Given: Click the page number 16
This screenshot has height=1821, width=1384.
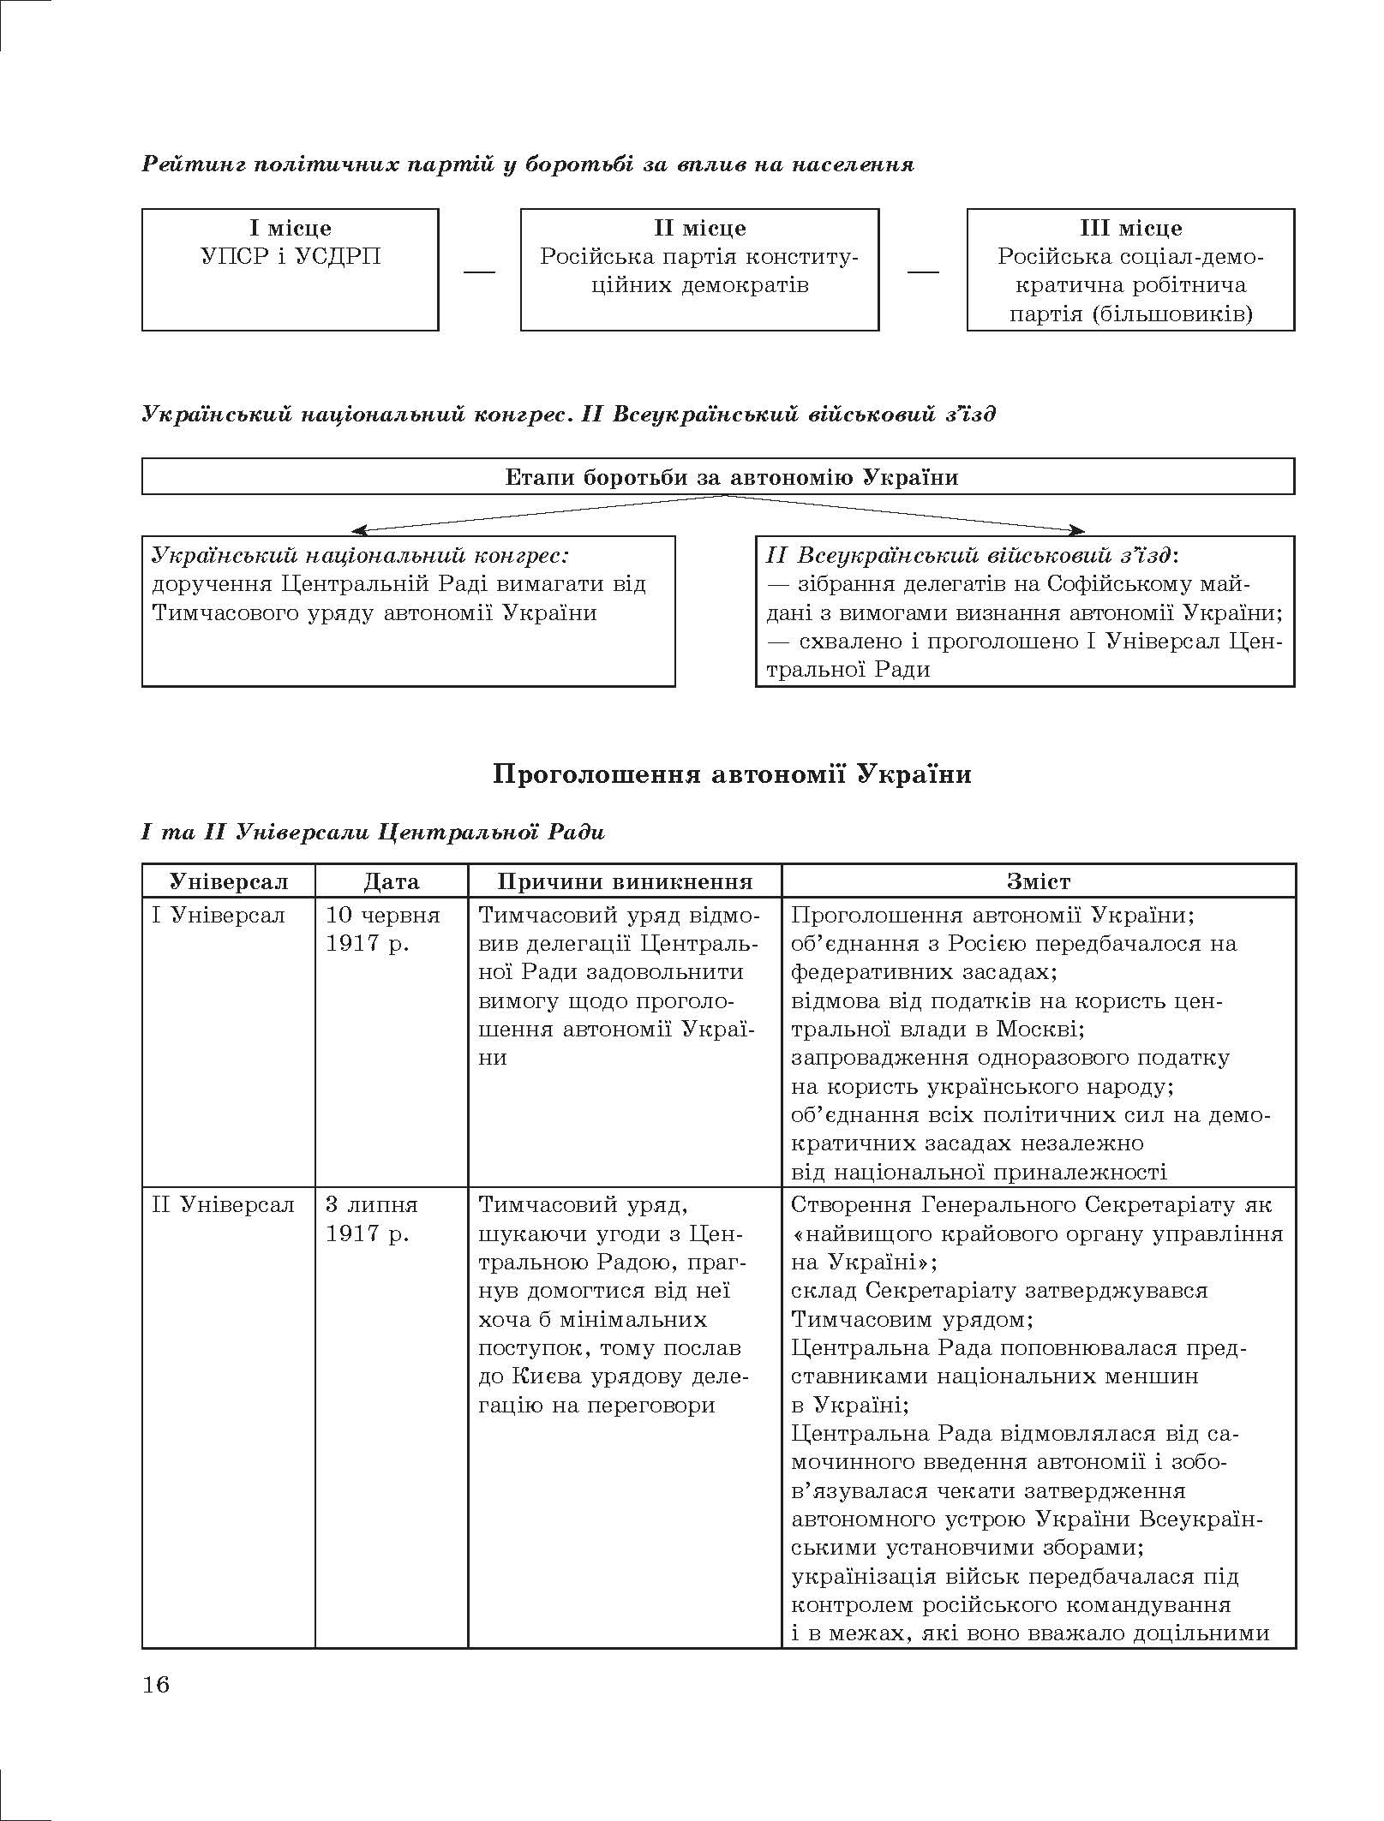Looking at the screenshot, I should pos(156,1685).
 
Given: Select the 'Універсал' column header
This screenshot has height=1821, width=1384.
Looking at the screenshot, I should pos(229,881).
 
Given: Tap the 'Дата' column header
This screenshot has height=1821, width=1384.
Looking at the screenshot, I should pos(392,881).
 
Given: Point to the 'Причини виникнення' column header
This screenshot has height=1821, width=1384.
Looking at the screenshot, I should pos(625,881).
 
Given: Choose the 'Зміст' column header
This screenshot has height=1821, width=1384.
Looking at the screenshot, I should pos(1039,881).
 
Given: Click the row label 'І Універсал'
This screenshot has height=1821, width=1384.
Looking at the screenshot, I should pos(219,915).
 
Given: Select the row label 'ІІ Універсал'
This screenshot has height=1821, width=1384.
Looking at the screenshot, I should pos(223,1205).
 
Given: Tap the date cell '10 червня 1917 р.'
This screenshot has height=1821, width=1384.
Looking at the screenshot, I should pos(382,929).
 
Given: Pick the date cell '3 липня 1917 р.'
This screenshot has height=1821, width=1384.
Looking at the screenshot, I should pos(371,1220).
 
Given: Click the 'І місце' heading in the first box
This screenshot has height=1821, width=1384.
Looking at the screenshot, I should pos(291,229).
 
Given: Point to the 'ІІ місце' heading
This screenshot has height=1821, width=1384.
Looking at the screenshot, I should pos(699,229).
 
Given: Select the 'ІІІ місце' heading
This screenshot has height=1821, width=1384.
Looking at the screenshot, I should pos(1130,229).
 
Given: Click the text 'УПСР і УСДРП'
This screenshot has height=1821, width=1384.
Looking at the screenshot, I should pos(291,257).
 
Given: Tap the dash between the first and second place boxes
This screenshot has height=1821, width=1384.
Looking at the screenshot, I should pos(480,272).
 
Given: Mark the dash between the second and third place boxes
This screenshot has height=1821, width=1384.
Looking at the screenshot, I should pos(923,272).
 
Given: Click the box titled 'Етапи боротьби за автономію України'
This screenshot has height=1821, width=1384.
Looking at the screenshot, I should pos(718,477).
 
